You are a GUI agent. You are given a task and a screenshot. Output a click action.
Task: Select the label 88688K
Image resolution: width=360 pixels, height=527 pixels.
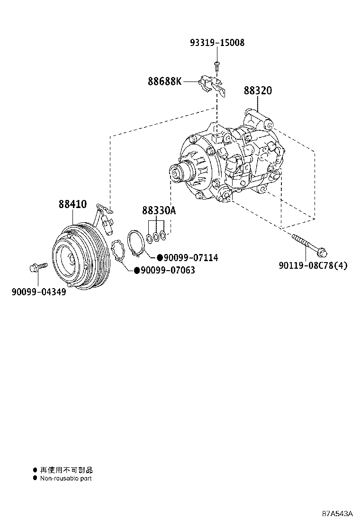(164, 82)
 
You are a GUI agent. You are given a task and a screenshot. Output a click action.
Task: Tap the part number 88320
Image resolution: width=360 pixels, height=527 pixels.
(258, 91)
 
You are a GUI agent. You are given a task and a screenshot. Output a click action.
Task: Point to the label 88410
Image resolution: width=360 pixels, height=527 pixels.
(72, 204)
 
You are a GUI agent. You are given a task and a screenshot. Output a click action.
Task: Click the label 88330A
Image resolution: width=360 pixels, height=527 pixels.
(159, 210)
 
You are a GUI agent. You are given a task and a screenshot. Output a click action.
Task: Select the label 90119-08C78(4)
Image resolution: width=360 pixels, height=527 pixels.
(313, 265)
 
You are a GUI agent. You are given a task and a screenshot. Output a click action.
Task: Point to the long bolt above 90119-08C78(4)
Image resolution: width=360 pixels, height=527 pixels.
(311, 244)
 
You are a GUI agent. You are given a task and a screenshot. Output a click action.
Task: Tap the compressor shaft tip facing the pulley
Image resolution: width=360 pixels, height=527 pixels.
(175, 173)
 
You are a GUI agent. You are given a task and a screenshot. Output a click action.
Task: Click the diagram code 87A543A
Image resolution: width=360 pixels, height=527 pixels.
(338, 514)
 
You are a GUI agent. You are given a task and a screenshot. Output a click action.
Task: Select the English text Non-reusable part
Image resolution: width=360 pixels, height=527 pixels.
(66, 479)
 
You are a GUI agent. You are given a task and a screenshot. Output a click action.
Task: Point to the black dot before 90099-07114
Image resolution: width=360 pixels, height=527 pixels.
(160, 258)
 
